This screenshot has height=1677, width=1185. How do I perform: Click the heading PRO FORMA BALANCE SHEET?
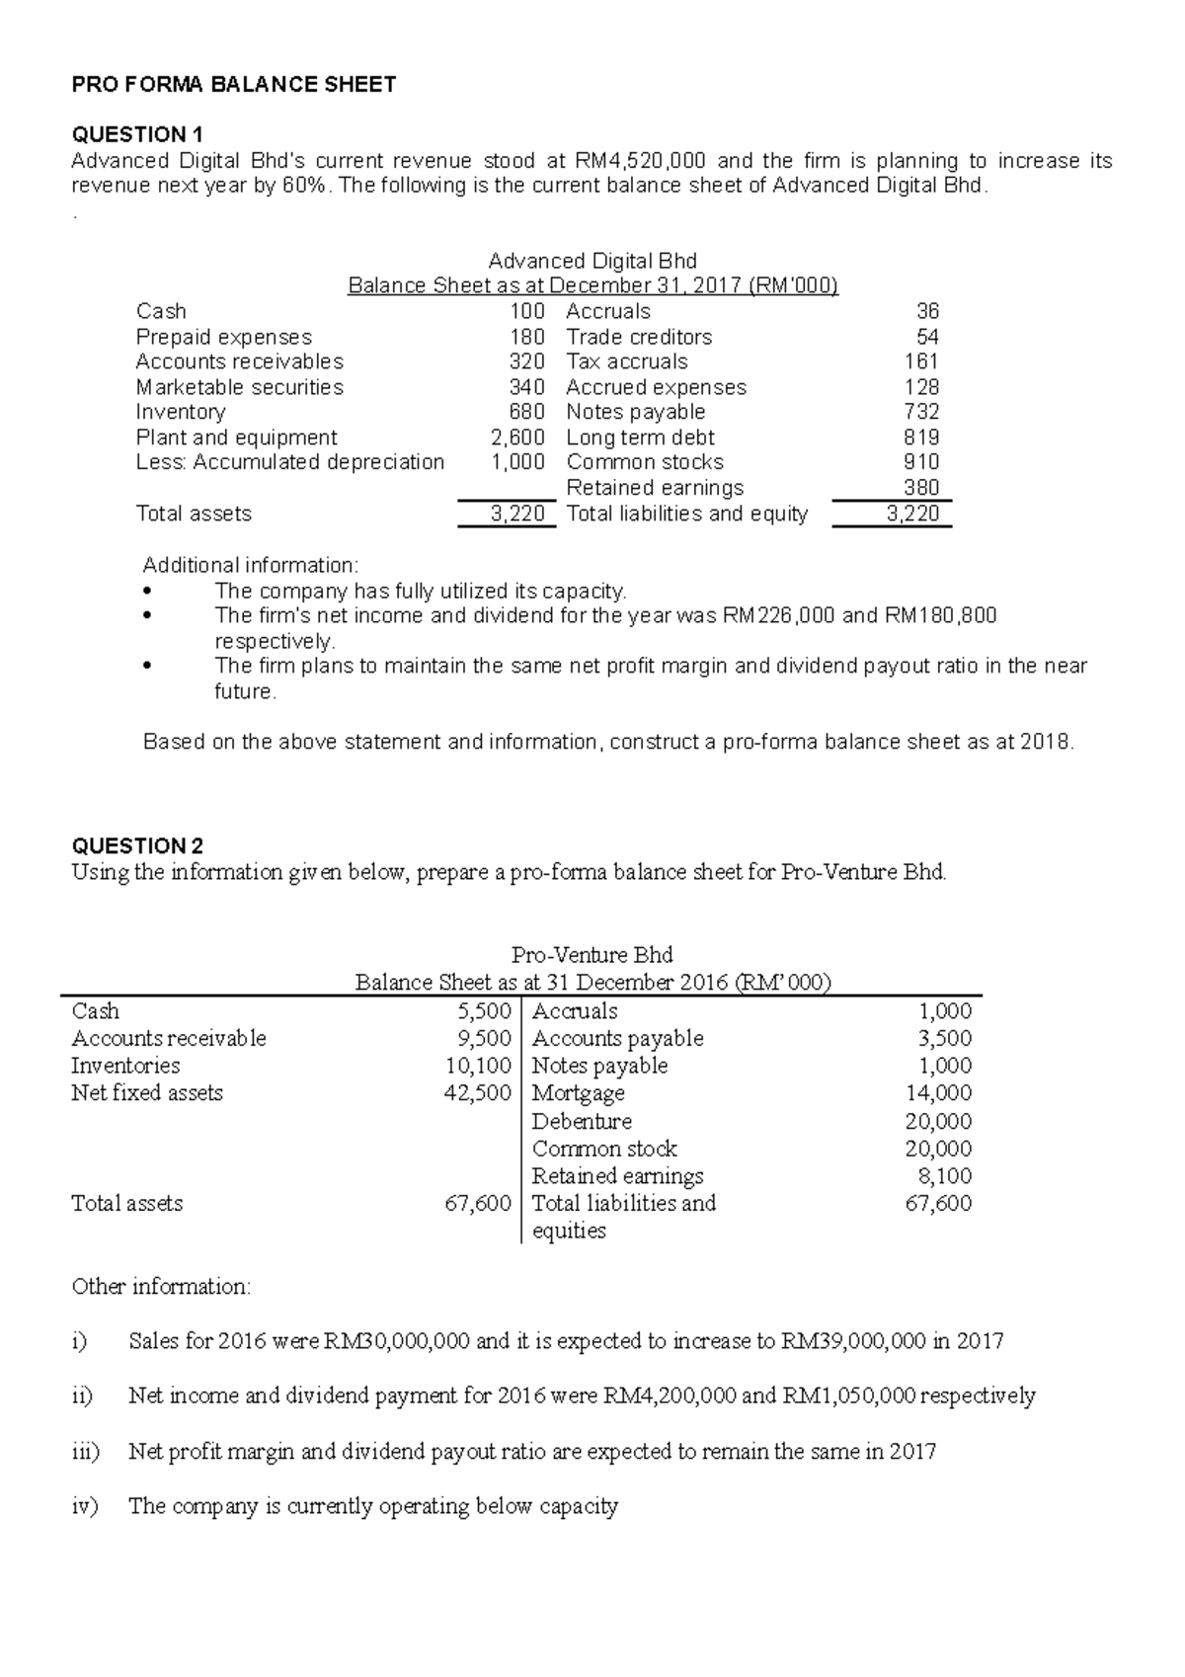click(x=234, y=85)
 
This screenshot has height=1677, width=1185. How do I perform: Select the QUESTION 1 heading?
click(x=136, y=134)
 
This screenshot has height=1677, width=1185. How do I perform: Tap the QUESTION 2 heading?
click(x=137, y=845)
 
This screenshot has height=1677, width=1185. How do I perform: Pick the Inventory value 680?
click(x=526, y=412)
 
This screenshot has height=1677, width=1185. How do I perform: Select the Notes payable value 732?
click(x=921, y=412)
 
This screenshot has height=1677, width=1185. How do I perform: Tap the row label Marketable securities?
click(x=240, y=387)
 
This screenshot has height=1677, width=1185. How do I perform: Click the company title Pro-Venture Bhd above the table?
click(x=592, y=955)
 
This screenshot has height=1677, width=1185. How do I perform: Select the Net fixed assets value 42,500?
click(x=478, y=1093)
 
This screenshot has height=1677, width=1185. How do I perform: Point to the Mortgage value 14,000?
click(x=938, y=1093)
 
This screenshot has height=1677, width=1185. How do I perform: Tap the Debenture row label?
click(x=582, y=1121)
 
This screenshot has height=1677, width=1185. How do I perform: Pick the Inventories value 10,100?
click(x=478, y=1066)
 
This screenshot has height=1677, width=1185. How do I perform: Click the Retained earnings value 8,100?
click(x=945, y=1176)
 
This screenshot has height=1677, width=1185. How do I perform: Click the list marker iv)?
click(x=85, y=1506)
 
